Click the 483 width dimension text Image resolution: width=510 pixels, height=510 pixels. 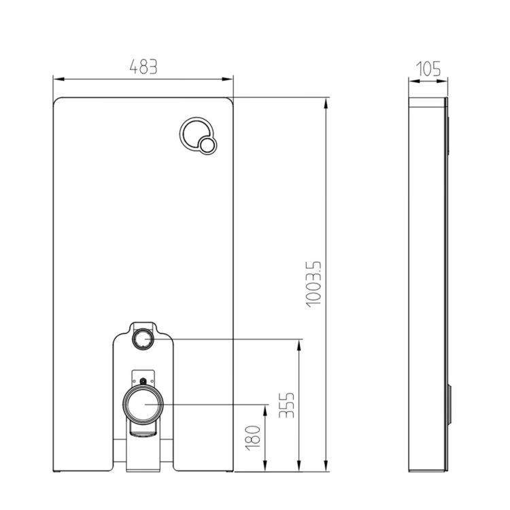[143, 67]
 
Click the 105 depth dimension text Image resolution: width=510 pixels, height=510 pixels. [428, 68]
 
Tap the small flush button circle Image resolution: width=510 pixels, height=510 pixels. [207, 144]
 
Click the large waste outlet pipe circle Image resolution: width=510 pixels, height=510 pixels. [143, 406]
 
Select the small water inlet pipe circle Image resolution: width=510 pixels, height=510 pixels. [143, 338]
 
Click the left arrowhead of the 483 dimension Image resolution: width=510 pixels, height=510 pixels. [57, 78]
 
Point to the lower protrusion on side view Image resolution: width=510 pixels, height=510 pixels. [449, 406]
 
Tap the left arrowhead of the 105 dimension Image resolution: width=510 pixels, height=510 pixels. [412, 83]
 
